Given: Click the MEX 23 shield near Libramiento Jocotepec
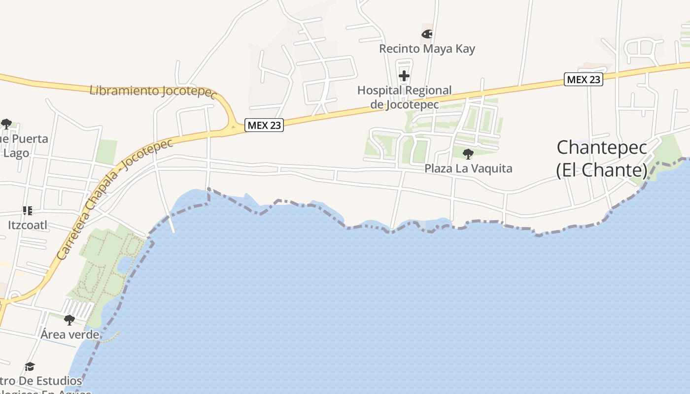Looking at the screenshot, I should click(264, 125).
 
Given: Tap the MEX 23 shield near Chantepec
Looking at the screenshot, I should click(584, 79).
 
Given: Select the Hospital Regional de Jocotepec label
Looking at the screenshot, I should click(404, 97).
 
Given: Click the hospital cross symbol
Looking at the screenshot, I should click(404, 76).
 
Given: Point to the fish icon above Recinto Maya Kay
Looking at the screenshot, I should click(427, 34).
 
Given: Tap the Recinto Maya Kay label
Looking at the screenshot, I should click(427, 49).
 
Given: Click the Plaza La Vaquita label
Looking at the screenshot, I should click(468, 168).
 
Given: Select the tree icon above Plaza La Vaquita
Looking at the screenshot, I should click(468, 154).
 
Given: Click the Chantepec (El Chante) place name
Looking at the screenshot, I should click(601, 158).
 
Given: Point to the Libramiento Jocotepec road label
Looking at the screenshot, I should click(153, 92).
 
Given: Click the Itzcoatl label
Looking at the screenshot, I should click(28, 225).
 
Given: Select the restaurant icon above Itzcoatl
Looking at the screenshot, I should click(28, 211).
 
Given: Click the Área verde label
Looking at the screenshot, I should click(69, 334).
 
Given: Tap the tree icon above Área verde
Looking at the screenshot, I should click(69, 320).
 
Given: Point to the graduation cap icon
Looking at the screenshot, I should click(30, 366).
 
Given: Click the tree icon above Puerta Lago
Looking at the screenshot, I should click(6, 124).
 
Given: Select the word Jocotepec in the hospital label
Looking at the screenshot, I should click(412, 104).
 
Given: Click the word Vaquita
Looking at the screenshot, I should click(491, 168).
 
